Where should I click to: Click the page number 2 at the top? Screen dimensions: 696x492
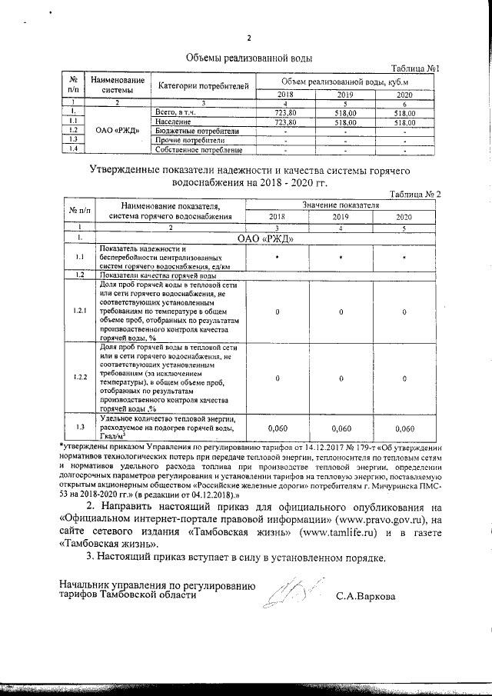click(x=249, y=39)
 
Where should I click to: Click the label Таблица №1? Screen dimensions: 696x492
click(x=415, y=69)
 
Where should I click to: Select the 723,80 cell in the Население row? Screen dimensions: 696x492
click(x=285, y=122)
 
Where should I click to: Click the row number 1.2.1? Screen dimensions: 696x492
click(x=79, y=310)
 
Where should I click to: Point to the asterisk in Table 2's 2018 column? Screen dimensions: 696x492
click(x=277, y=256)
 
